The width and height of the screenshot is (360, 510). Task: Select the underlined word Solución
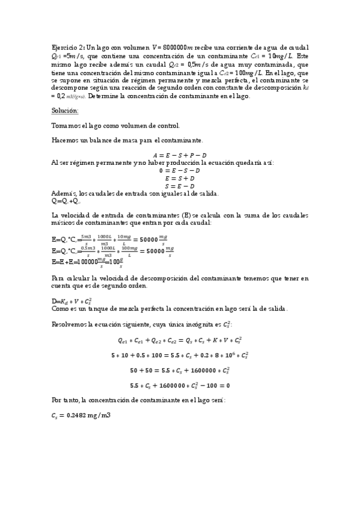pyautogui.click(x=65, y=111)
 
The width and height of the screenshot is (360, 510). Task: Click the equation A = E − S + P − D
pyautogui.click(x=180, y=155)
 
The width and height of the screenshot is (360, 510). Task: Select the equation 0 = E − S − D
pyautogui.click(x=180, y=170)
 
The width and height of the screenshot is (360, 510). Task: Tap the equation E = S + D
pyautogui.click(x=180, y=178)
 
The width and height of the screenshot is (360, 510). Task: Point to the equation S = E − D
pyautogui.click(x=180, y=186)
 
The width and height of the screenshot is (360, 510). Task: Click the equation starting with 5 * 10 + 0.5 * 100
pyautogui.click(x=180, y=355)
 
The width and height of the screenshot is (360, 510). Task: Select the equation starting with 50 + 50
pyautogui.click(x=180, y=370)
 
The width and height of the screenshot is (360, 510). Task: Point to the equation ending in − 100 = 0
pyautogui.click(x=180, y=385)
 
